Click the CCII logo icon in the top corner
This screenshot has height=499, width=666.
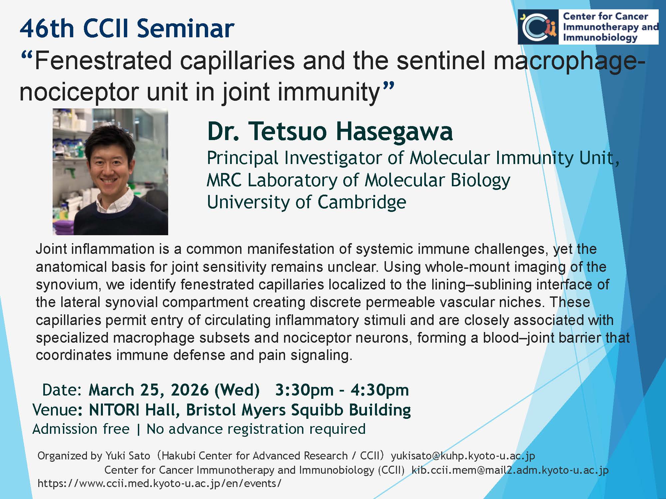pyautogui.click(x=538, y=27)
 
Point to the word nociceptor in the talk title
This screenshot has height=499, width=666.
pyautogui.click(x=79, y=92)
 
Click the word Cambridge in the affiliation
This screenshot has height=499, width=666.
pyautogui.click(x=362, y=202)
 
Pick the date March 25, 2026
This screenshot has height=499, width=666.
pyautogui.click(x=149, y=390)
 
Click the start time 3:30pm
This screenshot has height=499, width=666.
pyautogui.click(x=304, y=390)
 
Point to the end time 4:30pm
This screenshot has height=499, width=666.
pyautogui.click(x=380, y=390)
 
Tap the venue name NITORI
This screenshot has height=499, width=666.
pyautogui.click(x=114, y=410)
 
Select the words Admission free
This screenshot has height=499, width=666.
pyautogui.click(x=81, y=429)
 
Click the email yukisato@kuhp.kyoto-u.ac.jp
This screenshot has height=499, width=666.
pyautogui.click(x=463, y=456)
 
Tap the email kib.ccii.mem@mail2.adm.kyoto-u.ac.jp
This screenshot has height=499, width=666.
pyautogui.click(x=510, y=470)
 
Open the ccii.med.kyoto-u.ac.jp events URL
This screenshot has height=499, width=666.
pyautogui.click(x=160, y=483)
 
